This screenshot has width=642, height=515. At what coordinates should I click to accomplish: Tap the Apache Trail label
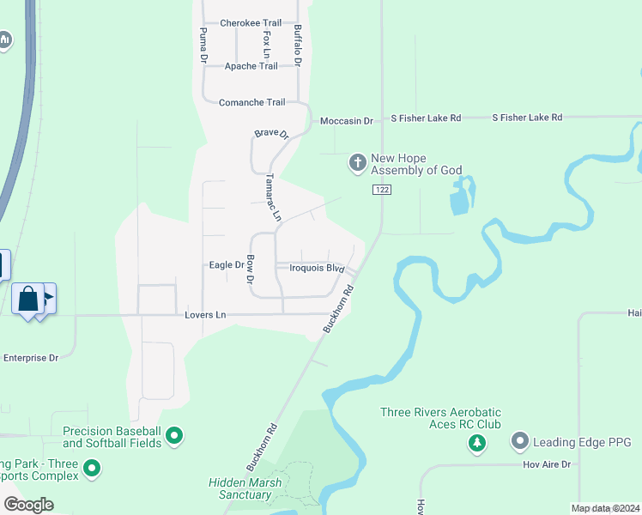click(x=251, y=66)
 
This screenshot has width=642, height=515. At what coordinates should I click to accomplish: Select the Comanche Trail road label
click(x=251, y=102)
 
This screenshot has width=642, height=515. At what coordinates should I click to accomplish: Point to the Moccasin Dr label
click(x=346, y=121)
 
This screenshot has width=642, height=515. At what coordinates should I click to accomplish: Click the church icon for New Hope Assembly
click(x=358, y=162)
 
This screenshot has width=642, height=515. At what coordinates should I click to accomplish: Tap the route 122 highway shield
click(x=382, y=189)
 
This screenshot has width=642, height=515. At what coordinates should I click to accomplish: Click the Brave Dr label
click(x=271, y=134)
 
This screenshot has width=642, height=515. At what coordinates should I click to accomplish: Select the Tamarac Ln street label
click(x=272, y=198)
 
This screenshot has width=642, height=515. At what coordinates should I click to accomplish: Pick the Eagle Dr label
click(x=227, y=265)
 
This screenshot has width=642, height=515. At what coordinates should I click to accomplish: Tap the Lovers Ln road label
click(x=205, y=315)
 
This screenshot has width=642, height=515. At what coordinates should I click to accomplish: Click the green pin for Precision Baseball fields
click(x=175, y=437)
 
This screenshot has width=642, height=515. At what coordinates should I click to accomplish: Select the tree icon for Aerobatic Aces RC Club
click(x=477, y=443)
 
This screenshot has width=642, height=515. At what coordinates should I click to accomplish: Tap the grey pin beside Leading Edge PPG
click(x=518, y=442)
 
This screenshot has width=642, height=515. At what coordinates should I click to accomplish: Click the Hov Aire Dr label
click(x=546, y=464)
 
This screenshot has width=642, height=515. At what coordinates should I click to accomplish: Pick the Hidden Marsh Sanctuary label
click(x=239, y=488)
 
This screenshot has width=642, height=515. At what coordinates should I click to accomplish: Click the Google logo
click(x=28, y=504)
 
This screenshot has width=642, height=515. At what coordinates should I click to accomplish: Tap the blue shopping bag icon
click(x=28, y=300)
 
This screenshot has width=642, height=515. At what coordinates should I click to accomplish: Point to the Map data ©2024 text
click(x=604, y=508)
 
